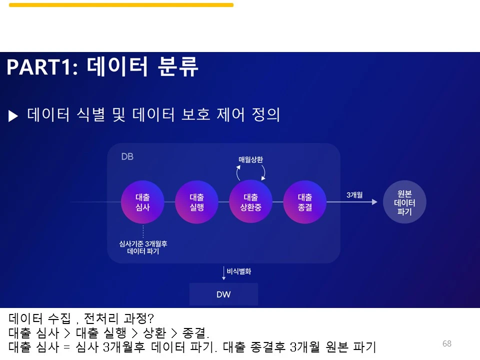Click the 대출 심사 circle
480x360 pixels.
[142, 202]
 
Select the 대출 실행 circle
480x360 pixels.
[196, 202]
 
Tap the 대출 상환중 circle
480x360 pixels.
[250, 202]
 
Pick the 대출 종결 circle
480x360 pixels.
[304, 202]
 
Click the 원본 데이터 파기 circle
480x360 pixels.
[404, 202]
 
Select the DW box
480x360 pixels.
[223, 294]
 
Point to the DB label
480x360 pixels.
[127, 156]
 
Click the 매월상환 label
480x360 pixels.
[250, 159]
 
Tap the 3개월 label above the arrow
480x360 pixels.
[354, 194]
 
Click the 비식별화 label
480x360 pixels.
[239, 272]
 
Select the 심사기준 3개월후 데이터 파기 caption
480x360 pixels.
[143, 247]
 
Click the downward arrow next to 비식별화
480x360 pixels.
[223, 273]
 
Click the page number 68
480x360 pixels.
[446, 343]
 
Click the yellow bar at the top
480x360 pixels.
[121, 5]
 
